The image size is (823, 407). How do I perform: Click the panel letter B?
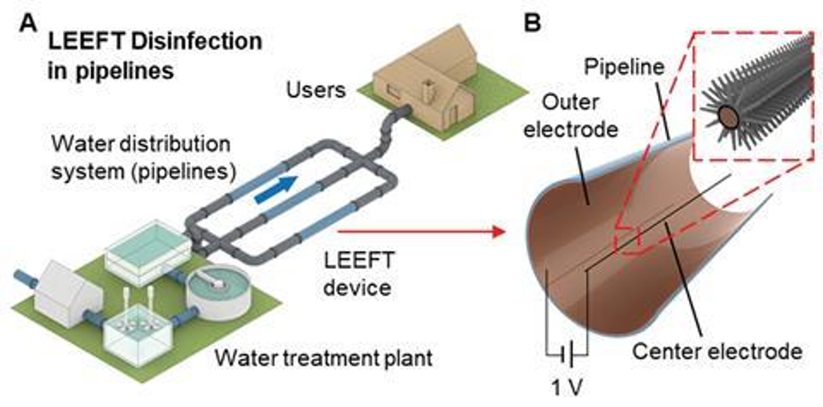[x=533, y=23]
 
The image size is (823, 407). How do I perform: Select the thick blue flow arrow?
[x=278, y=186]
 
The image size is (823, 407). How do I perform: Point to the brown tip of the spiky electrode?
[x=724, y=115]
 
